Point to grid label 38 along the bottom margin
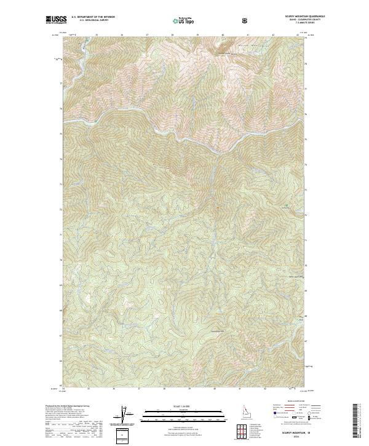tap(164, 389)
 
